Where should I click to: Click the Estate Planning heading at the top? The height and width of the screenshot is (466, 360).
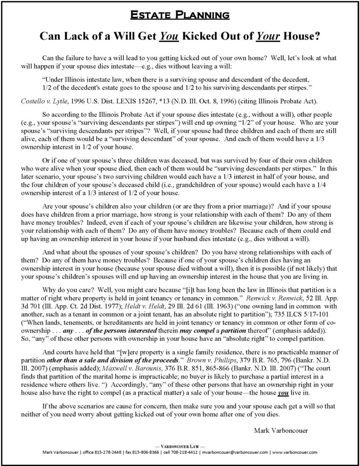click(180, 15)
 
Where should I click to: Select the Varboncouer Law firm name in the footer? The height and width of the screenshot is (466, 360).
click(179, 446)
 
